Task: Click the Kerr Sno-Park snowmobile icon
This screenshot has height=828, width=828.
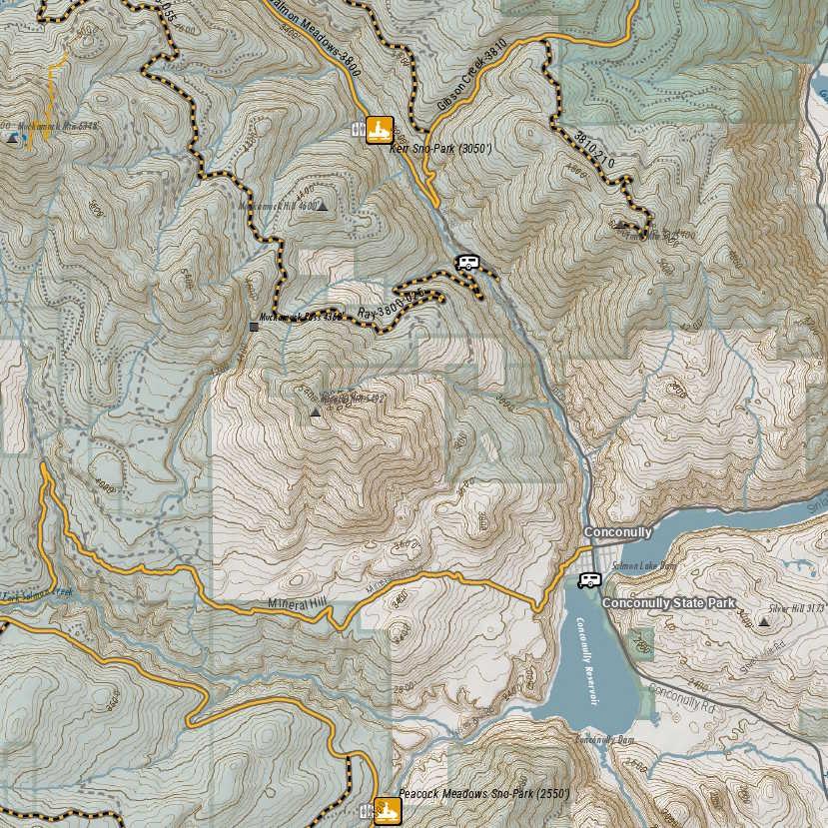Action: coord(379,130)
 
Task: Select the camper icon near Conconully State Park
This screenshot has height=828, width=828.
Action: coord(589,580)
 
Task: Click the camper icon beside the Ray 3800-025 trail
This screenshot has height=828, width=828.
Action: coord(466,263)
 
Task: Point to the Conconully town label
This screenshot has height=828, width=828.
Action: coord(617,532)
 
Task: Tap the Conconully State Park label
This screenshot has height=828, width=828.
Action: coord(668,603)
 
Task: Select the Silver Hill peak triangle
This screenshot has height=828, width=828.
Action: coord(764,621)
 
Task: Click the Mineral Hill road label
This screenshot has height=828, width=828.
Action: coord(298,605)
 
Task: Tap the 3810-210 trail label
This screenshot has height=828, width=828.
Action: coord(594,147)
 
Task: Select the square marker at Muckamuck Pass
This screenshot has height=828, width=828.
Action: coord(254,326)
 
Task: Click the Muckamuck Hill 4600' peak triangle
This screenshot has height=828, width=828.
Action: coord(321,206)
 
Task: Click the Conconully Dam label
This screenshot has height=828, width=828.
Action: coord(606,739)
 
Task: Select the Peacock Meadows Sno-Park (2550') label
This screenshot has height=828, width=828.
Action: coord(483,794)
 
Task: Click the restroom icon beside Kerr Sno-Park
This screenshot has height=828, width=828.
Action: coord(358,130)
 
